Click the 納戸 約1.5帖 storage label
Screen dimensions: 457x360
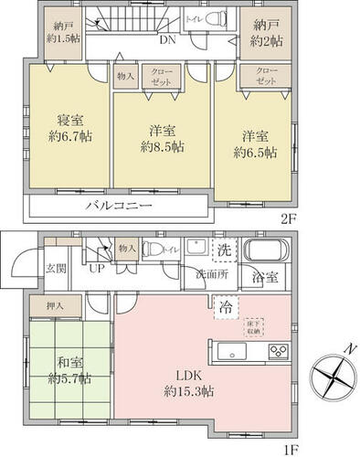(63, 32)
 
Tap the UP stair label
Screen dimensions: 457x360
(96, 268)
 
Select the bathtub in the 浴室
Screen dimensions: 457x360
(267, 250)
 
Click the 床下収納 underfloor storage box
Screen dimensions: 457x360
(253, 326)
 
